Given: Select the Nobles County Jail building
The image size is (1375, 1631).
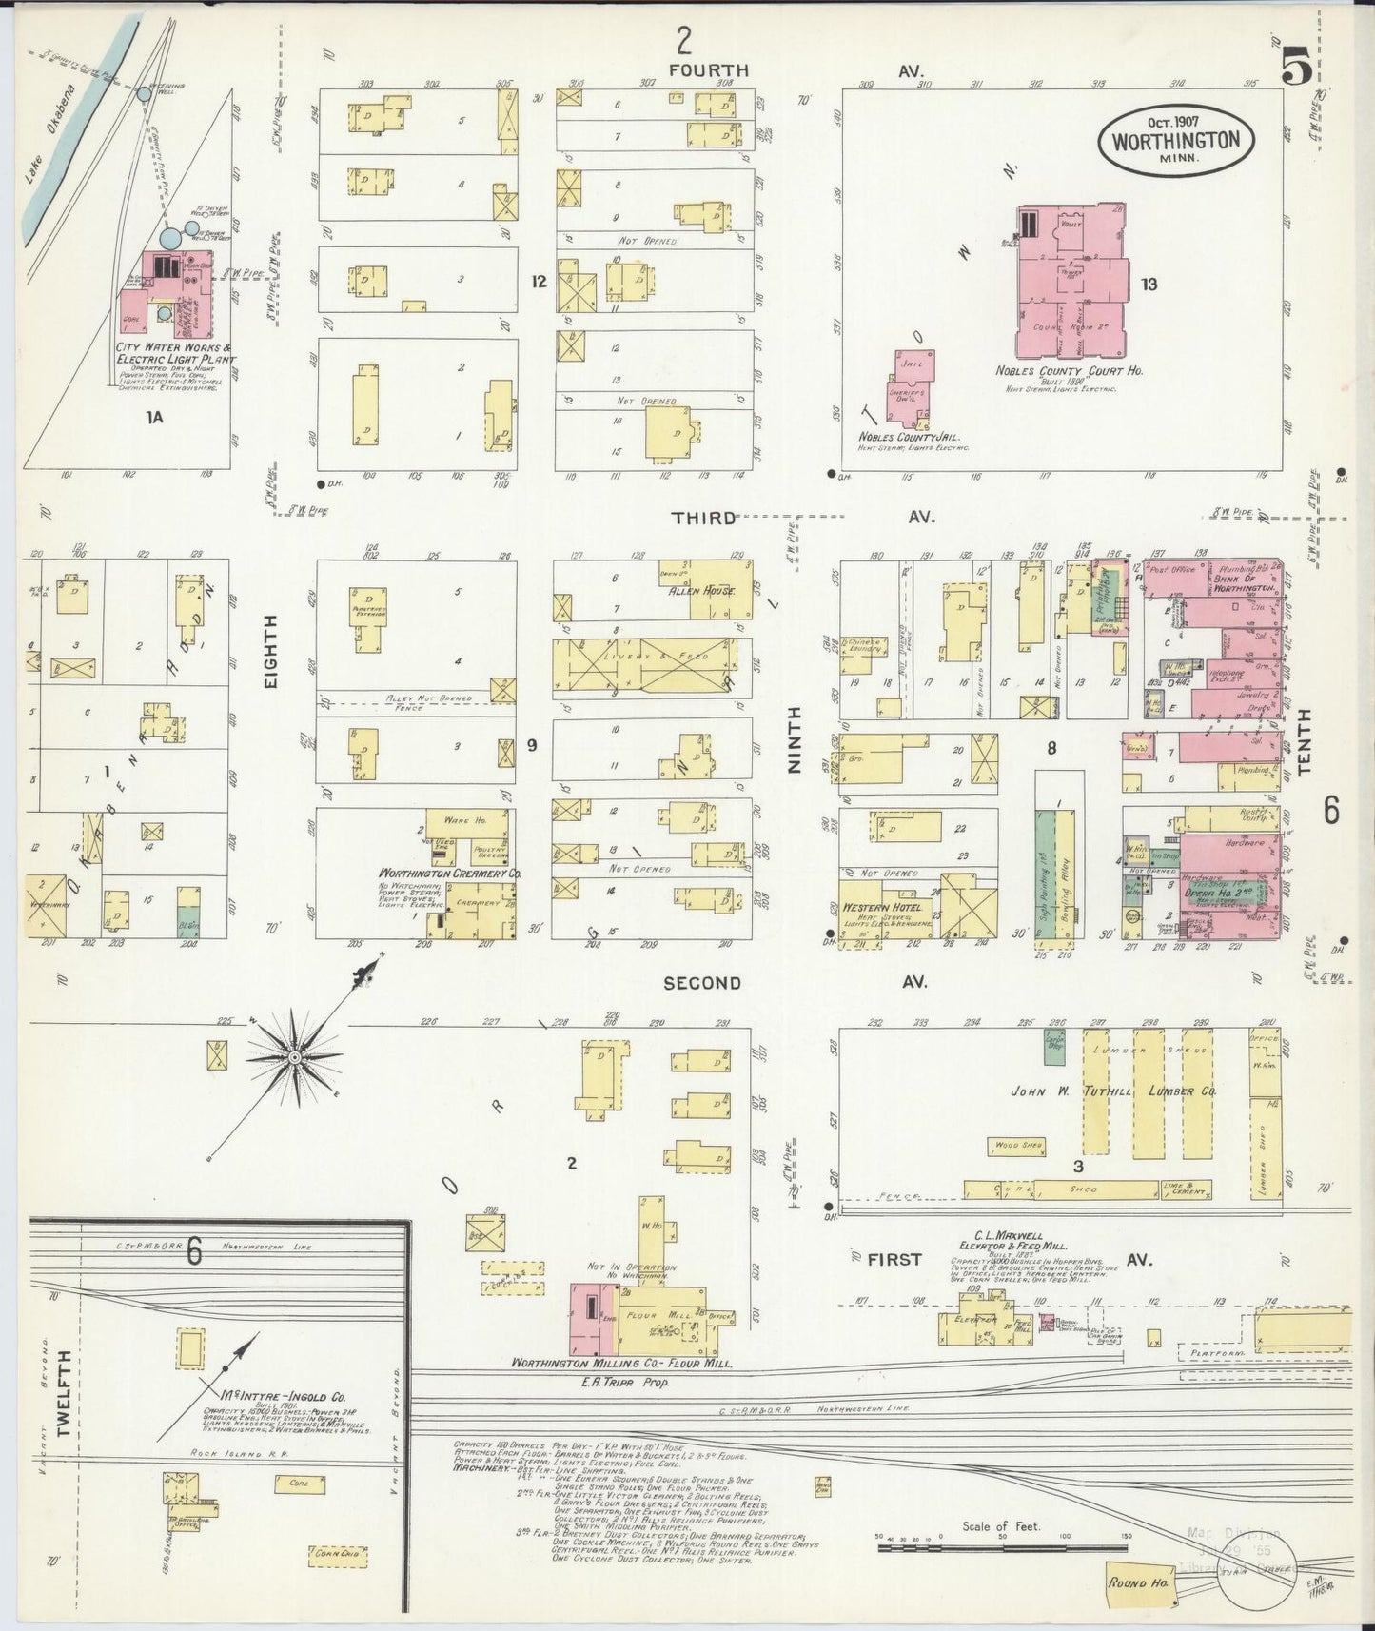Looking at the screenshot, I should tap(911, 386).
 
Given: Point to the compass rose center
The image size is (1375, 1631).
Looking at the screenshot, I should tap(295, 1057).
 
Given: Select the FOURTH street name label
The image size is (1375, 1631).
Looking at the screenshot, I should tap(708, 70).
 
